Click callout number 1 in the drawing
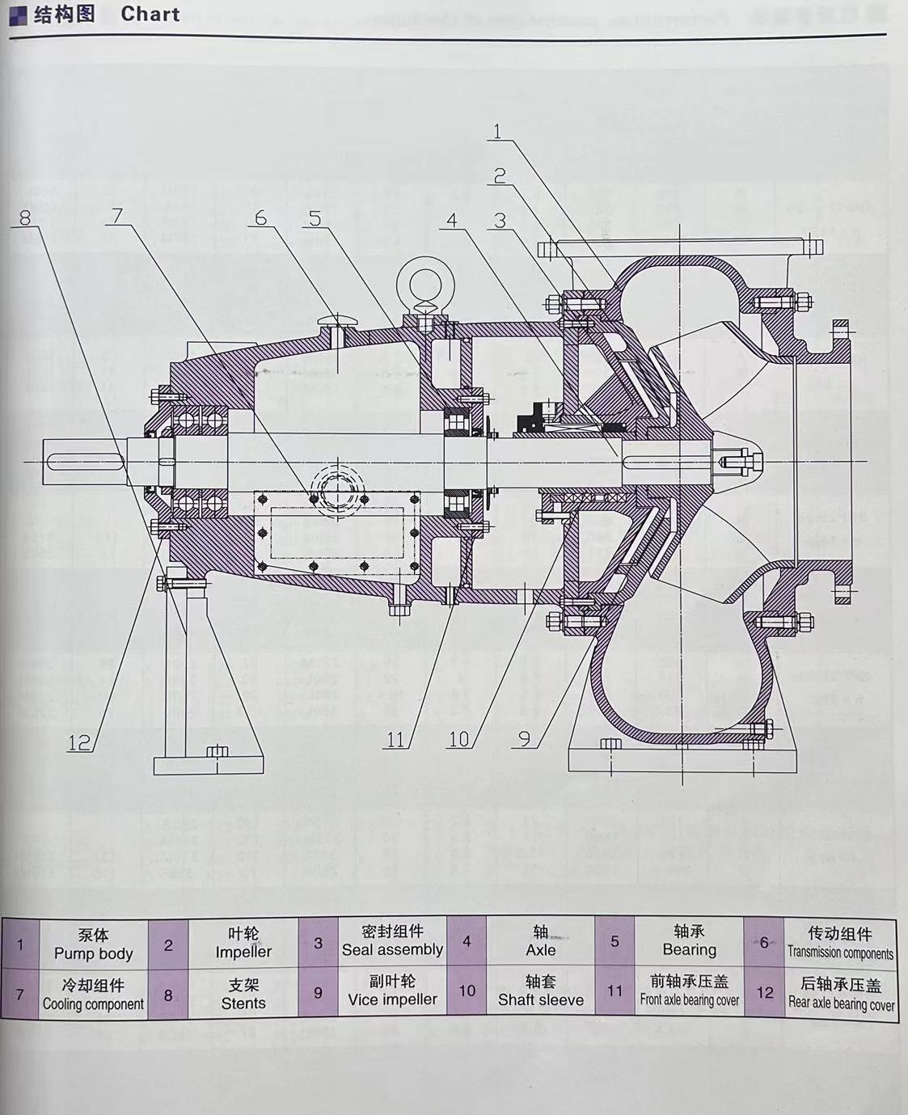tap(497, 131)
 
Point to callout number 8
tap(25, 218)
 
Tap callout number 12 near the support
tap(78, 741)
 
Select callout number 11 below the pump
tap(395, 739)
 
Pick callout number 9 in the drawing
tap(524, 738)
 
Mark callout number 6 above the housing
tap(260, 218)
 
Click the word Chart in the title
tap(150, 14)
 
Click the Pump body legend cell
tap(93, 944)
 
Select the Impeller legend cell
tap(243, 944)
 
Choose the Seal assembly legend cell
tap(392, 941)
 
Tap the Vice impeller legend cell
tap(392, 991)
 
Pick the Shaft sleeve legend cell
tap(540, 991)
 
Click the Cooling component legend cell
tap(93, 995)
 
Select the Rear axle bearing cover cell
tap(841, 995)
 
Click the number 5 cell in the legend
tap(614, 942)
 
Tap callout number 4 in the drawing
tap(452, 220)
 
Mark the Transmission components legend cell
tap(840, 944)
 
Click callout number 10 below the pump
tap(458, 739)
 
